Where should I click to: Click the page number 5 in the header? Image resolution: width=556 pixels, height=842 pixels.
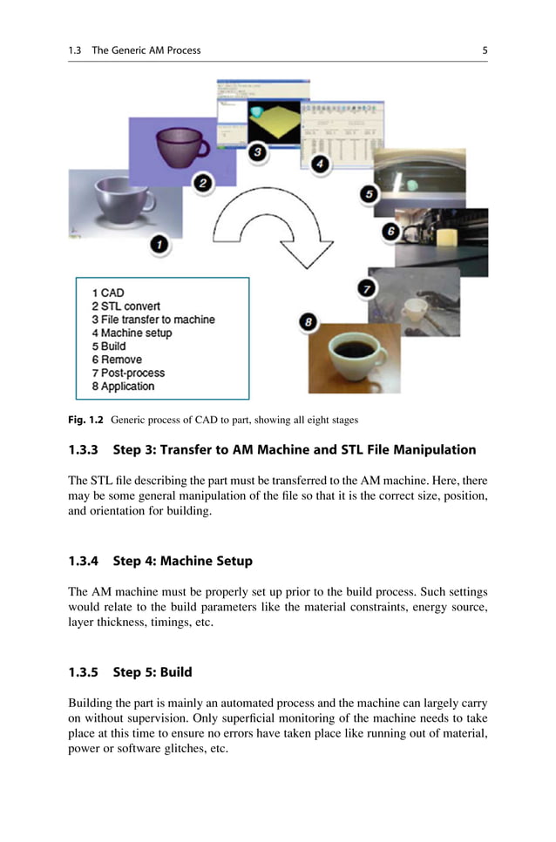point(485,51)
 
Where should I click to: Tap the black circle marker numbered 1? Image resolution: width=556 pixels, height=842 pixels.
point(159,246)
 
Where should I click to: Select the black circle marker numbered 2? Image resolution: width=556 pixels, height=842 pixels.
point(202,183)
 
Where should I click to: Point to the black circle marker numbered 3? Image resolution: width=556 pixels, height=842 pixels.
point(258,152)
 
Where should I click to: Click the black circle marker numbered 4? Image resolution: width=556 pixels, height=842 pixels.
point(321,163)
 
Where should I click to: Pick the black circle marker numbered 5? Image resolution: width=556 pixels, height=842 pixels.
point(370,194)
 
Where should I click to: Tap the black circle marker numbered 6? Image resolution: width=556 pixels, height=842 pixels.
point(390,232)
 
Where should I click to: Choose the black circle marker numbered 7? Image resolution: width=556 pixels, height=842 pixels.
point(368,287)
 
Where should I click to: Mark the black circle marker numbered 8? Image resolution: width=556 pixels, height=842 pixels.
point(308,323)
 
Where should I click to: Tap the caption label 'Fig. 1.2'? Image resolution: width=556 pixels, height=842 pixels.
point(85,420)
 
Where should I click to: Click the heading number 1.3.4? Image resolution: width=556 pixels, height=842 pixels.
point(86,561)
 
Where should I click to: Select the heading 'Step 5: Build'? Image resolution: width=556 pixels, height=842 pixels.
point(152,672)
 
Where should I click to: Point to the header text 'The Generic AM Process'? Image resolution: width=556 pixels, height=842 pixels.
point(146,51)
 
